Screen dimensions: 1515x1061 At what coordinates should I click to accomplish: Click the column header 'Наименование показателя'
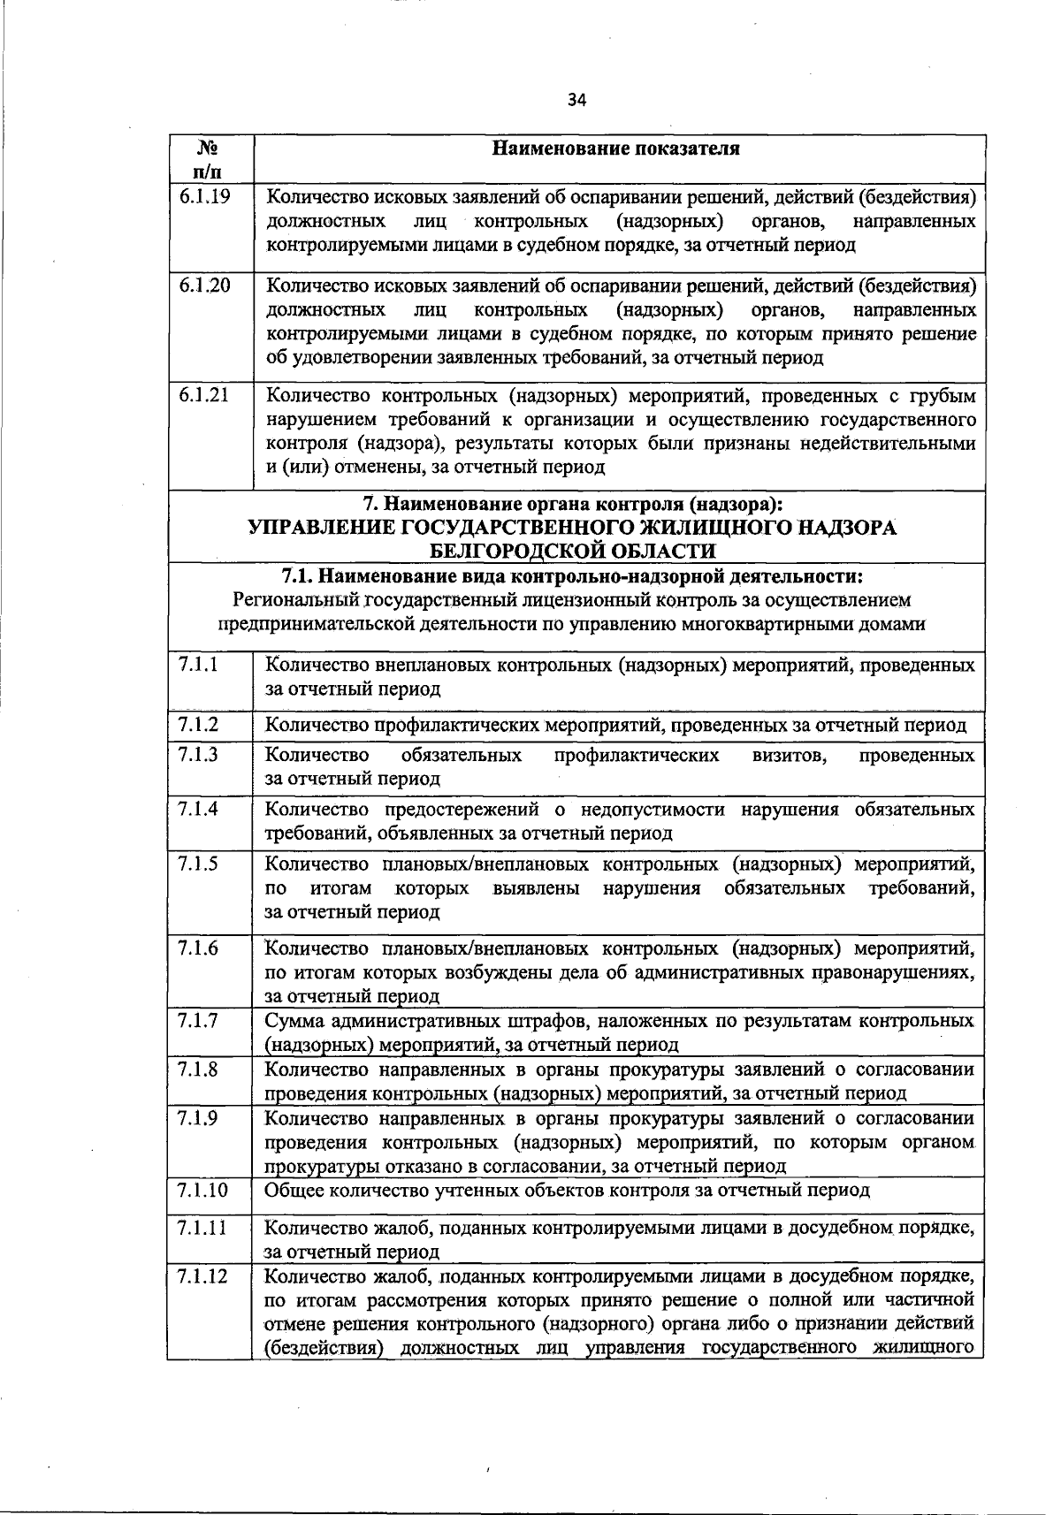[615, 148]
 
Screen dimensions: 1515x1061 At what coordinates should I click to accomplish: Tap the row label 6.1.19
[204, 197]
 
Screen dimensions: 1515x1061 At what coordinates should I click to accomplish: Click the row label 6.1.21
[204, 395]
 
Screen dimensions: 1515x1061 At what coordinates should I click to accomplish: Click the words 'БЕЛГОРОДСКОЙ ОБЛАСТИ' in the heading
[572, 552]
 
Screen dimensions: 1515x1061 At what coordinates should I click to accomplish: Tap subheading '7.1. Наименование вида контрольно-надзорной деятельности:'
[572, 577]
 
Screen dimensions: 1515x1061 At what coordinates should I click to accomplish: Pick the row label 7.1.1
[198, 664]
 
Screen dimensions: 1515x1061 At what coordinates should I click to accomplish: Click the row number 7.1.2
[198, 725]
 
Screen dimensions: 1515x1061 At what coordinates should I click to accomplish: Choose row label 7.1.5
[198, 864]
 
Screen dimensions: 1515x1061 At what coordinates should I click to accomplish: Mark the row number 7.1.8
[198, 1070]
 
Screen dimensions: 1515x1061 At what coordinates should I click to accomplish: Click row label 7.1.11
[202, 1228]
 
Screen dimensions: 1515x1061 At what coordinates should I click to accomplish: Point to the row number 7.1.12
[202, 1275]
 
